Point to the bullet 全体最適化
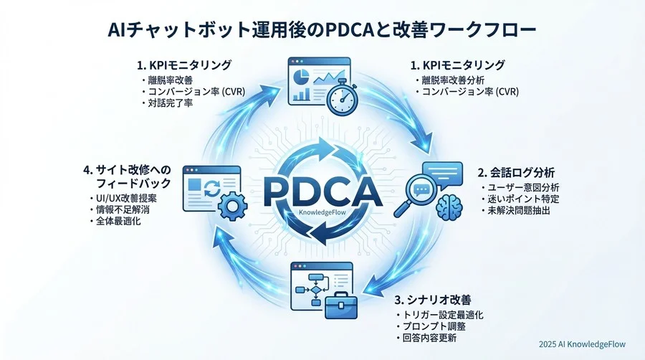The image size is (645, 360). point(118,222)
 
